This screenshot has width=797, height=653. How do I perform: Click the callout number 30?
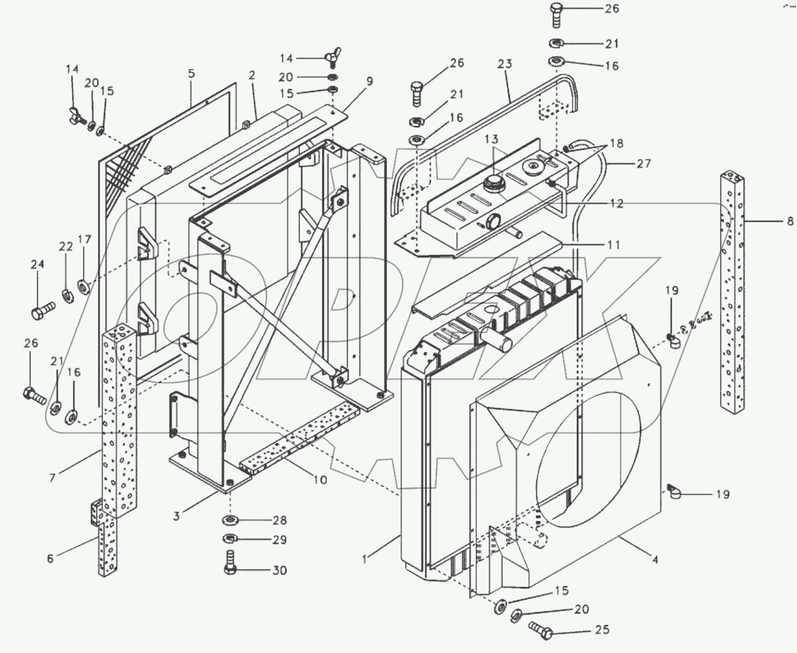point(279,570)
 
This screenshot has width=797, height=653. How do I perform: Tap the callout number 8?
point(790,221)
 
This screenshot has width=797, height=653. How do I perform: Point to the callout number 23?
point(505,64)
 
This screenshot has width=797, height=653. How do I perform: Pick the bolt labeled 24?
point(38,312)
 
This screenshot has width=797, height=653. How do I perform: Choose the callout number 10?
point(320,480)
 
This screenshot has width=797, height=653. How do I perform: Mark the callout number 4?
point(655,560)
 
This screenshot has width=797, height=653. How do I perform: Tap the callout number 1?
point(365,560)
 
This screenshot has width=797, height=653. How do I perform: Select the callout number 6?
point(50,558)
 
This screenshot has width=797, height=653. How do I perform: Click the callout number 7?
point(53,478)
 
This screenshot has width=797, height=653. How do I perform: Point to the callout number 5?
point(192,74)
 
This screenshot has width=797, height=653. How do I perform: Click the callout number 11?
point(613,244)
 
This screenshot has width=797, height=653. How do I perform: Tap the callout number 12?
point(616,204)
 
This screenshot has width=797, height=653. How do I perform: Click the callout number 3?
point(177,515)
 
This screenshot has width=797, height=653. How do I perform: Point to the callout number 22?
point(66,246)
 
